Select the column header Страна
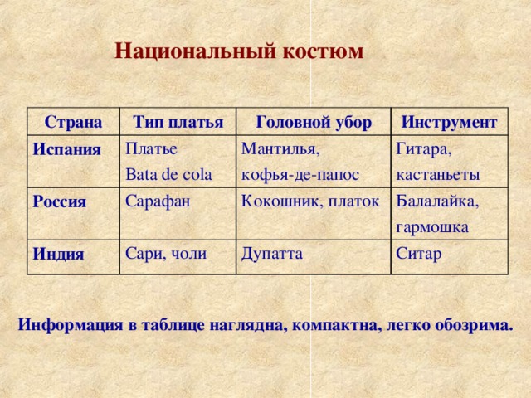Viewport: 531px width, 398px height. [73, 124]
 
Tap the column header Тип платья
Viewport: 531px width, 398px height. [178, 123]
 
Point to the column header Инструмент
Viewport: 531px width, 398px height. [449, 122]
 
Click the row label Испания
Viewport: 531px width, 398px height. [66, 151]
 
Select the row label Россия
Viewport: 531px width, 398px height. [60, 202]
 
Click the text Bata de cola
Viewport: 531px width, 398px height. [168, 175]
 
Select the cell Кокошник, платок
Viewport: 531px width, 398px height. [309, 201]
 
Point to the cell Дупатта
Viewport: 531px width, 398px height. [271, 251]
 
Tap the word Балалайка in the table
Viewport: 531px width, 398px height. [436, 201]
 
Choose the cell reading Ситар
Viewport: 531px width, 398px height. [418, 252]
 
